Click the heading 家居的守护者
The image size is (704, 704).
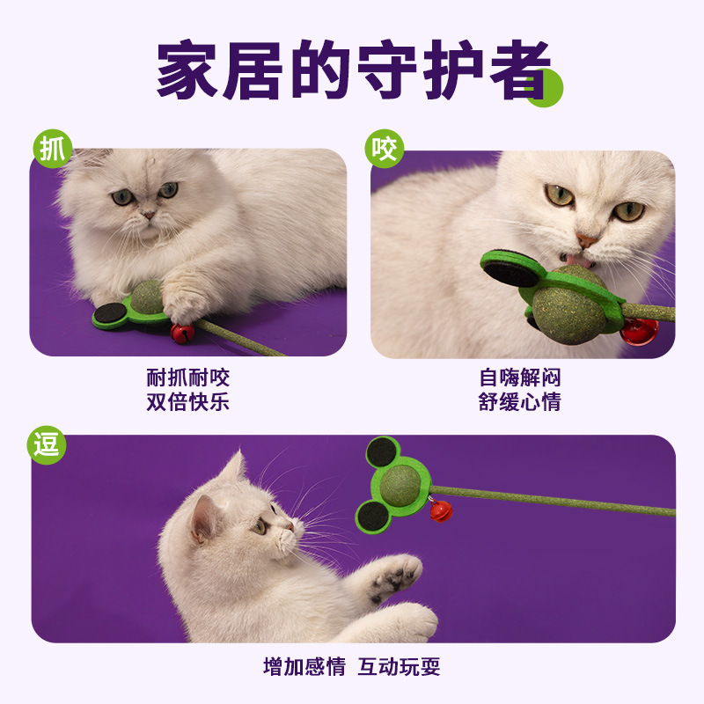coord(352,70)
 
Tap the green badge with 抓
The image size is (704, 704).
coord(51,149)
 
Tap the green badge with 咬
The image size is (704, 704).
coord(385,149)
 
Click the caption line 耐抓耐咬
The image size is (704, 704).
coord(187,378)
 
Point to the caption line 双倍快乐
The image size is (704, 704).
coord(187,403)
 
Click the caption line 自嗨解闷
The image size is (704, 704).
coord(520,378)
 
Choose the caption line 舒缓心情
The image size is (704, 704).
coord(520,403)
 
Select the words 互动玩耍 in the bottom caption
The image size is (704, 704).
coord(399,666)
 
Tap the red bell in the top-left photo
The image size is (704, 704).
coord(182,333)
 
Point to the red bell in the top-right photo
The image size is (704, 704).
coord(640,333)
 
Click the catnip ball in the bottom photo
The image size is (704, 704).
coord(400,485)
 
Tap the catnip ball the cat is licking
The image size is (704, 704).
coord(572,304)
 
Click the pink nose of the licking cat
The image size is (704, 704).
coord(587,240)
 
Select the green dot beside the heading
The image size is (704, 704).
coord(545,89)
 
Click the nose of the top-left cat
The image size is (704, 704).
coord(148,214)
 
